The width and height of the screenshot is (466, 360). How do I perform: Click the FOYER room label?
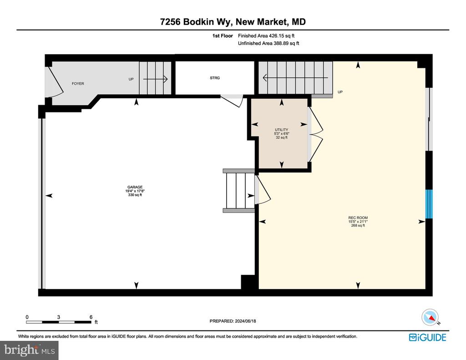(x=78, y=84)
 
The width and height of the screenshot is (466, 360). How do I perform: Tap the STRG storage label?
(x=215, y=78)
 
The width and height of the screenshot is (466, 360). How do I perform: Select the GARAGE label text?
(x=135, y=187)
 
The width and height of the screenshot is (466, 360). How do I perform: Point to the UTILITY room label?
(x=281, y=130)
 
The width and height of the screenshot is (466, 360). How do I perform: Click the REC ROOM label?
(x=358, y=218)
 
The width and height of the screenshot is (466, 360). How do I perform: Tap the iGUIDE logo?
(x=428, y=337)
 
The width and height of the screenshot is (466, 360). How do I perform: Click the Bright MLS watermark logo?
(x=29, y=350)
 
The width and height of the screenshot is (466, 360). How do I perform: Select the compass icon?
(x=430, y=318)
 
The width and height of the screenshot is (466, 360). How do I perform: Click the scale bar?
(x=59, y=322)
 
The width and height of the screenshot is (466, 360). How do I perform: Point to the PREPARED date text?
(x=233, y=321)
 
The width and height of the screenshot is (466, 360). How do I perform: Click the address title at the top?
(x=233, y=22)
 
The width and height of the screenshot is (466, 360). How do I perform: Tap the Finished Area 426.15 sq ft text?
(x=266, y=35)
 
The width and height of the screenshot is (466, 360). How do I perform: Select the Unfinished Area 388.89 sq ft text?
(x=268, y=43)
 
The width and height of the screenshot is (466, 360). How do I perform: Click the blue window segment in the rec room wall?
(x=429, y=204)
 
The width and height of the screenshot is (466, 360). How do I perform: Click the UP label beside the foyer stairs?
(x=131, y=79)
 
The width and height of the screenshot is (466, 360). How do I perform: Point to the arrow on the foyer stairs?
(x=156, y=79)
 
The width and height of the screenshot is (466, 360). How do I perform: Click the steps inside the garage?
(x=239, y=191)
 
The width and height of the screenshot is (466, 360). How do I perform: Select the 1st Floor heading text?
(x=223, y=35)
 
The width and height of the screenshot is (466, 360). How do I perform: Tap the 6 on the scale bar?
(x=91, y=317)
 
